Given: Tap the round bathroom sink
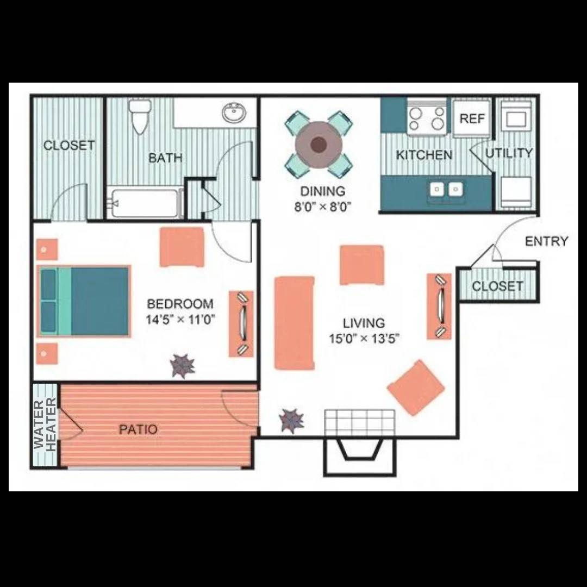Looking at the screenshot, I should (234, 113).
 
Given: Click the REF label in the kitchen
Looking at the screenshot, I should (472, 118).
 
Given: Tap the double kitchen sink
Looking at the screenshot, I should (446, 189).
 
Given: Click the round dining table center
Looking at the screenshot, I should (319, 145).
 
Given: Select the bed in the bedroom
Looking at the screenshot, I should (85, 301).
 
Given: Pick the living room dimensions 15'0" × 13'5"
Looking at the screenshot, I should (364, 339).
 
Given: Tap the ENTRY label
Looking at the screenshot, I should (546, 241).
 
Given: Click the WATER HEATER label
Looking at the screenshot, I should (45, 424).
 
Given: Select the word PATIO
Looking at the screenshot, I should (138, 429).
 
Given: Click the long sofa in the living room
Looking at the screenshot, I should (295, 323).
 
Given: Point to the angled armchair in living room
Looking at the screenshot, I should (416, 387).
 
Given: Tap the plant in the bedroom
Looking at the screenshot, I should (183, 366).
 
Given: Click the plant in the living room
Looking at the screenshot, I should (291, 420).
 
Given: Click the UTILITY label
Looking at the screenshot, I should (509, 153).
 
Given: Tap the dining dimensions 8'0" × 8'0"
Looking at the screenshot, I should (323, 206).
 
